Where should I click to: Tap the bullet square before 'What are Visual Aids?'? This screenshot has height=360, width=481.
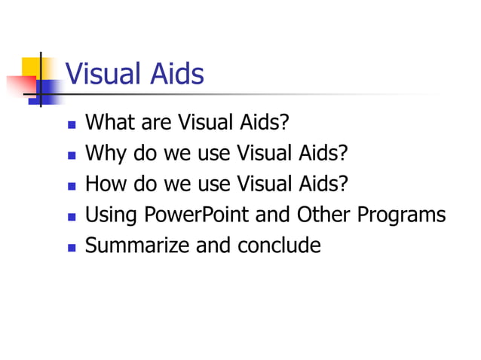pos(72,124)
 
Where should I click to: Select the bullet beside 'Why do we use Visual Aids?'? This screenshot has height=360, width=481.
pos(72,154)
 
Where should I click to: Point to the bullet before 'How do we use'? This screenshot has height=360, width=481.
pos(72,185)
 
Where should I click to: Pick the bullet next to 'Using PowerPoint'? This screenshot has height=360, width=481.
pos(72,216)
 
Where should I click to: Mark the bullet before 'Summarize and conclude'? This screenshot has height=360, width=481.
pos(72,247)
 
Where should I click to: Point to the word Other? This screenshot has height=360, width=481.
pos(323,215)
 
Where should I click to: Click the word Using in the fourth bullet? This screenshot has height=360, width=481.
pos(111,215)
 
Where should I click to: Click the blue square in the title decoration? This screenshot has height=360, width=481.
pos(47,93)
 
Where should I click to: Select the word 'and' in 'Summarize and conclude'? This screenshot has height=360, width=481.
pos(216,246)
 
